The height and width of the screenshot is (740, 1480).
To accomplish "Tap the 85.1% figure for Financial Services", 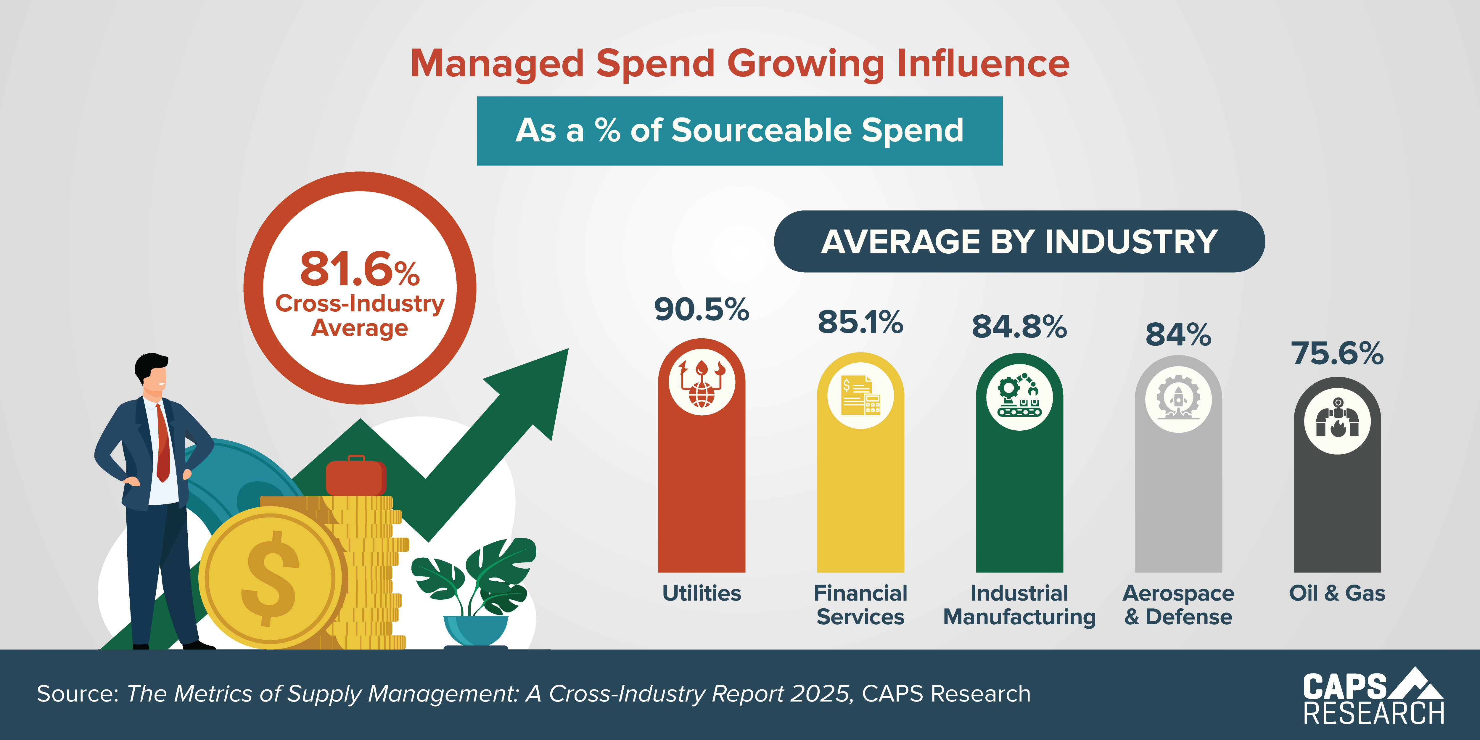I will (860, 322).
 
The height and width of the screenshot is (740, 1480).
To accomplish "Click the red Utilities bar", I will (702, 494).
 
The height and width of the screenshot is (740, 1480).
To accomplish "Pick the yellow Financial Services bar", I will (860, 500).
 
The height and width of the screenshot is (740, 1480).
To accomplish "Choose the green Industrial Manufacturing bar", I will (1019, 500).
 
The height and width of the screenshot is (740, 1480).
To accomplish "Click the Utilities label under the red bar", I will (702, 593).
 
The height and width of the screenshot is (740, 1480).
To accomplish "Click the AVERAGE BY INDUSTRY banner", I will (1019, 241).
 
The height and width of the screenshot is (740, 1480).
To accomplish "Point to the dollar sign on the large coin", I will (270, 577).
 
